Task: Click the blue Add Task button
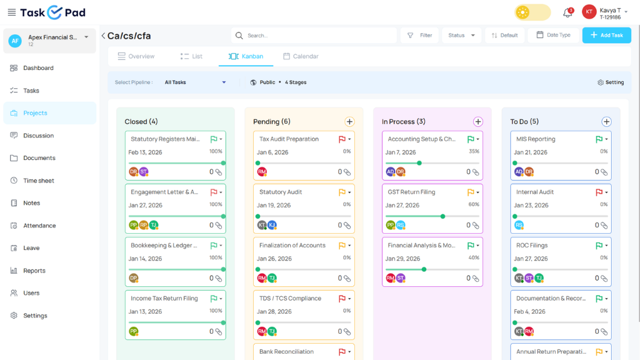[x=606, y=35]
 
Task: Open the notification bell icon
[x=567, y=12]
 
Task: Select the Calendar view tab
[x=301, y=56]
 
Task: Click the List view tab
[x=191, y=56]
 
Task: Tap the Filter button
[x=419, y=36]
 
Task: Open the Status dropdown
[x=461, y=36]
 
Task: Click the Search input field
[x=314, y=36]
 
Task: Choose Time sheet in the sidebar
[x=38, y=181]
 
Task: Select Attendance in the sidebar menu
[x=39, y=225]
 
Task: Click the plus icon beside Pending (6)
[x=349, y=122]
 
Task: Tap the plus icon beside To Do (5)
[x=606, y=122]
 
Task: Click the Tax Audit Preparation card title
[x=289, y=139]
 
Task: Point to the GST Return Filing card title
[x=411, y=192]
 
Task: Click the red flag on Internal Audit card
[x=599, y=192]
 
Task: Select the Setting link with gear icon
[x=611, y=82]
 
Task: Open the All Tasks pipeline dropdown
[x=195, y=82]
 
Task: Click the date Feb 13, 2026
[x=145, y=152]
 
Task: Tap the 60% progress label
[x=474, y=204]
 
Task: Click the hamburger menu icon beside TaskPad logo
[x=12, y=12]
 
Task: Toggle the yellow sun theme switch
[x=532, y=12]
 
